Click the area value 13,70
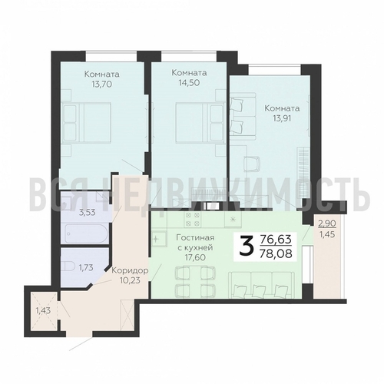[x=101, y=84]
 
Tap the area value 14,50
[x=189, y=83]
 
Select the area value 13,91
[x=282, y=118]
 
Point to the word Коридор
[x=131, y=270]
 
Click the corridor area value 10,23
[x=130, y=280]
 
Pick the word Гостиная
[x=195, y=237]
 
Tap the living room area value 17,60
[x=195, y=257]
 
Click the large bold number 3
[x=247, y=247]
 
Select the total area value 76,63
[x=276, y=240]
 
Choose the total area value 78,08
[x=276, y=254]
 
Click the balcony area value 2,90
[x=327, y=223]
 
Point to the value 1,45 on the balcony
[x=327, y=234]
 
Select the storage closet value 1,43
[x=43, y=311]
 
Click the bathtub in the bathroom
[x=87, y=233]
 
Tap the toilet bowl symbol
[x=68, y=267]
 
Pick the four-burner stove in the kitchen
[x=193, y=219]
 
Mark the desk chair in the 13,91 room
[x=252, y=164]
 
